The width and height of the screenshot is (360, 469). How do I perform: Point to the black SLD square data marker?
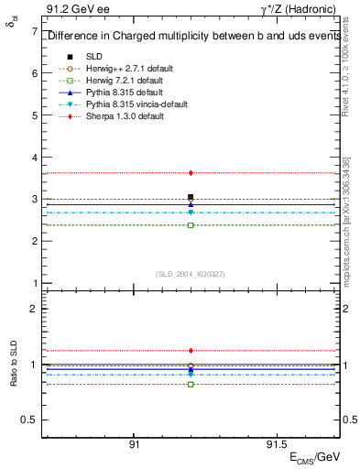pos(191,197)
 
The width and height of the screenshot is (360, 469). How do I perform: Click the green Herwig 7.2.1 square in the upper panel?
pos(191,224)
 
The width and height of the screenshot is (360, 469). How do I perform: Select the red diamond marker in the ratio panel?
pos(191,350)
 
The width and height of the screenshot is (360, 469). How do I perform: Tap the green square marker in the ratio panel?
pos(191,384)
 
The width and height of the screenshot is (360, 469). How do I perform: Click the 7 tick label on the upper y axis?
pos(34,31)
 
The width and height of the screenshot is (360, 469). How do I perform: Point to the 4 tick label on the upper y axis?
pos(34,158)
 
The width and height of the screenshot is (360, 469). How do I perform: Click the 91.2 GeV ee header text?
pos(71,8)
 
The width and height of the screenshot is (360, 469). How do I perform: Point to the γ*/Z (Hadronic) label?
pos(303,8)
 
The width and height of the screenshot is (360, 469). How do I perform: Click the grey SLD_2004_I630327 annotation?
pos(191,273)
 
